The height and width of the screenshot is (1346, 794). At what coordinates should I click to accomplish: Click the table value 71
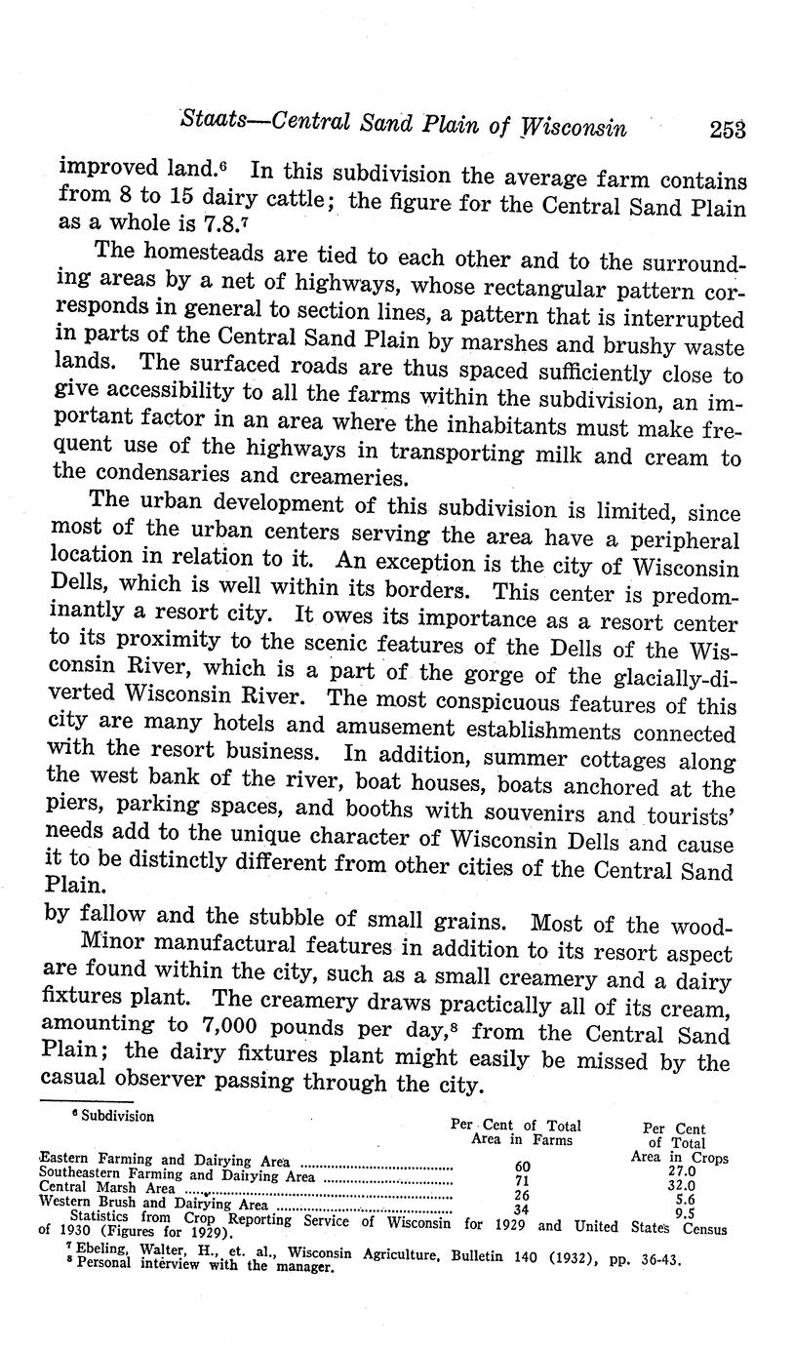point(521,1181)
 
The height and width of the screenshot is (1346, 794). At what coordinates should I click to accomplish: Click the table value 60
point(521,1168)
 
